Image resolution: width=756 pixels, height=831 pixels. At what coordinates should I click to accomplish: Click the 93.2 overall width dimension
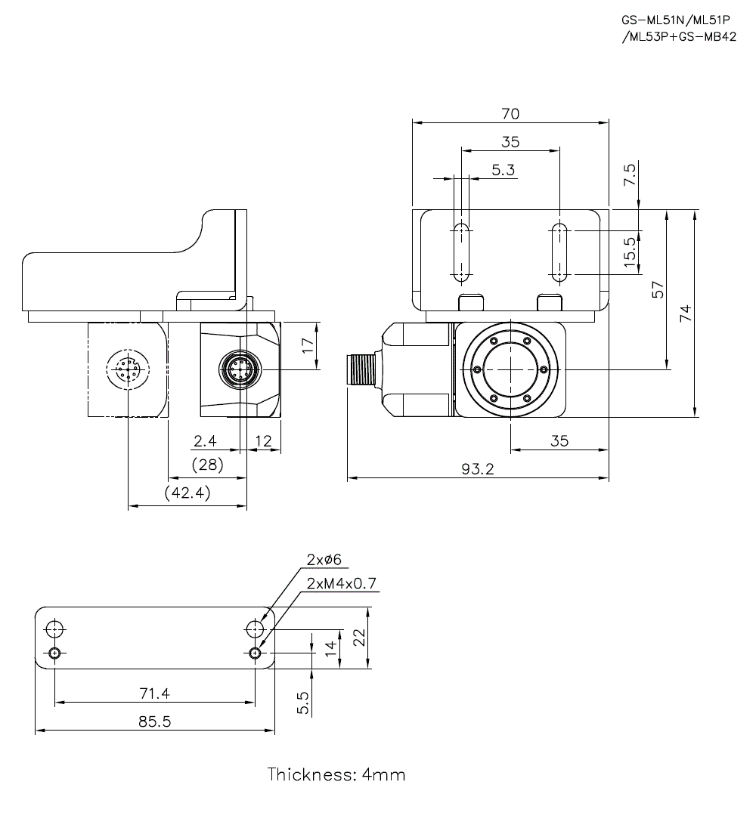pos(477,468)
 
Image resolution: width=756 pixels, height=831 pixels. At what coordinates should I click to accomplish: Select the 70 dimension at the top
pos(510,114)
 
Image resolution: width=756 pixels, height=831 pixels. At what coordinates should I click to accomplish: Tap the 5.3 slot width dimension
pos(503,170)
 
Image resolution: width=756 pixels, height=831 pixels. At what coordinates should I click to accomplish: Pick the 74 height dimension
pos(685,314)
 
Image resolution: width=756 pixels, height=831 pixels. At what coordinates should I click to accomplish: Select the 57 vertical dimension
pos(657,290)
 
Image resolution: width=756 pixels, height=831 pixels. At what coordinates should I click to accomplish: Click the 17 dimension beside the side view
pos(306,345)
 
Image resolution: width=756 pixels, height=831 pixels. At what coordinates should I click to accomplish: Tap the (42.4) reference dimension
pos(187,493)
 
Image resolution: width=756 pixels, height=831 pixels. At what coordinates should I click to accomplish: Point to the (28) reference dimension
pos(207,465)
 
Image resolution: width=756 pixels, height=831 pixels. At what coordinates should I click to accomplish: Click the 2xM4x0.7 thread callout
pos(342,582)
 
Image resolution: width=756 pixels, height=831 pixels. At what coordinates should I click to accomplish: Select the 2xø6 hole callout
pos(324,559)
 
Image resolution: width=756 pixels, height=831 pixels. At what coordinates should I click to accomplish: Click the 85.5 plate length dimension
pos(154,721)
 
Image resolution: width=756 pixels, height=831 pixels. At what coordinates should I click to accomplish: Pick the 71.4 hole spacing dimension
pos(154,693)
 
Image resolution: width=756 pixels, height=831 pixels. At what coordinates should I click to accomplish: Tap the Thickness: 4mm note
pos(336,774)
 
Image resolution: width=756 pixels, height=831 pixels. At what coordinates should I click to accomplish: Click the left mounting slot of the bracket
pos(461,252)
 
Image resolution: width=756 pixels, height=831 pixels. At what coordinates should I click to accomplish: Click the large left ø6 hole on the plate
pos(54,629)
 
